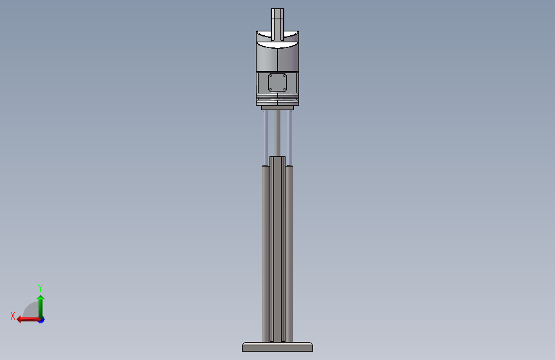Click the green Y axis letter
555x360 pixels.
point(40,288)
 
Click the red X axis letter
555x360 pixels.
point(13,316)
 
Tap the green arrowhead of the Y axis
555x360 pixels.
point(41,298)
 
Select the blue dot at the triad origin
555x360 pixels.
point(42,320)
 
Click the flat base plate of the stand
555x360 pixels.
point(278,347)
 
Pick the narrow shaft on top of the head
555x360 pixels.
point(278,25)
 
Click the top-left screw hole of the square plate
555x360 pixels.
point(271,76)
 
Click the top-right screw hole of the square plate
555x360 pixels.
point(284,76)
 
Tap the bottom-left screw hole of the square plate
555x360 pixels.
point(271,89)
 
